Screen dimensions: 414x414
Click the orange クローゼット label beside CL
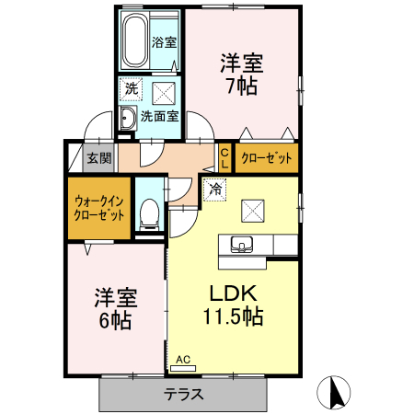click(x=267, y=158)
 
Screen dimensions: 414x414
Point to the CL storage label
click(x=224, y=158)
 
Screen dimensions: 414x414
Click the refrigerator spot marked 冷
click(x=214, y=190)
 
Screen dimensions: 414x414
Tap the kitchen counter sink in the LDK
click(x=243, y=245)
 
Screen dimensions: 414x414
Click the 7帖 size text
click(x=241, y=86)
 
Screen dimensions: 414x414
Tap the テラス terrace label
click(x=184, y=394)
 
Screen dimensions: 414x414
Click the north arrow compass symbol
click(x=336, y=393)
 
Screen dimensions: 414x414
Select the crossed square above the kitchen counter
click(x=253, y=211)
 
